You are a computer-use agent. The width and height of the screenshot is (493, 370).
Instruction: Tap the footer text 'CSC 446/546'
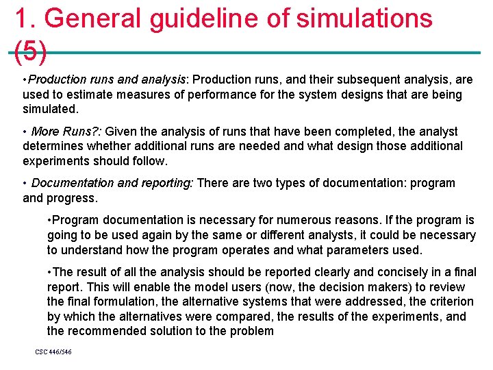pos(53,352)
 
